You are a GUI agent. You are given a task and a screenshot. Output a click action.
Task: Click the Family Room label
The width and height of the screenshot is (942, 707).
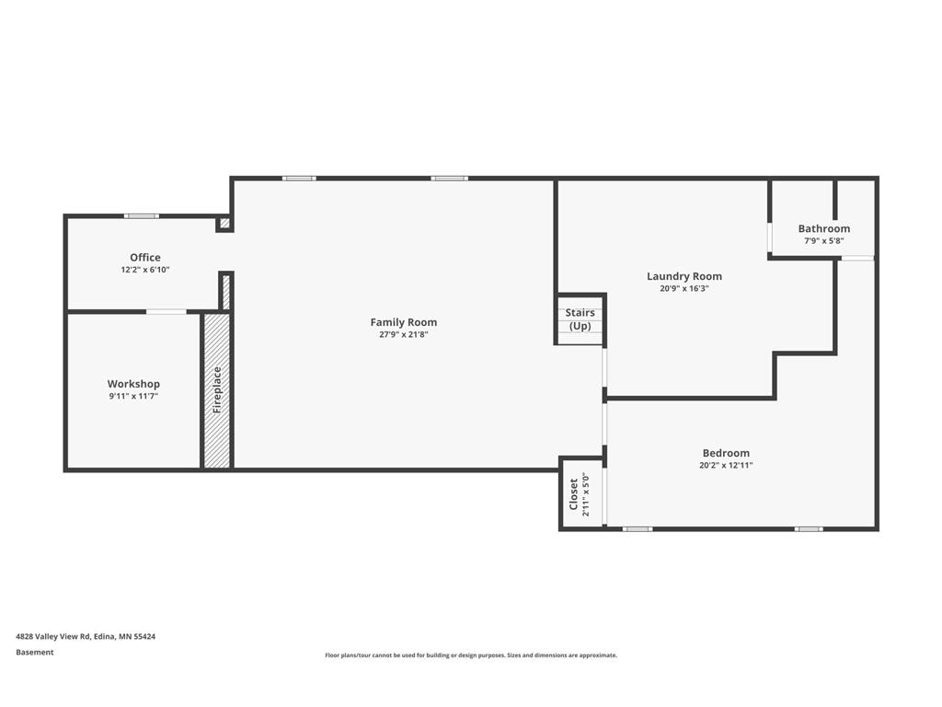click(403, 322)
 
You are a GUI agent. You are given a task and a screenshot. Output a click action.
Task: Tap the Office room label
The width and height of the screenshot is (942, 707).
click(145, 258)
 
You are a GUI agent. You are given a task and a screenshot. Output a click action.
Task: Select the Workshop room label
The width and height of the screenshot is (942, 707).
click(133, 384)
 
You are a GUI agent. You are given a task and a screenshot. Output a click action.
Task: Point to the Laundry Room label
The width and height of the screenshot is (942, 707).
click(684, 276)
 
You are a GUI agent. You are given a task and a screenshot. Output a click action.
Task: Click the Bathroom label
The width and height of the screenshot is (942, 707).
click(823, 228)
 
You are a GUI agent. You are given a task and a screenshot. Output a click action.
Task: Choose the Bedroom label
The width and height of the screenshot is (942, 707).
click(726, 453)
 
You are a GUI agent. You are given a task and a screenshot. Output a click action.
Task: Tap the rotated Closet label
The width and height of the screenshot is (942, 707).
click(574, 494)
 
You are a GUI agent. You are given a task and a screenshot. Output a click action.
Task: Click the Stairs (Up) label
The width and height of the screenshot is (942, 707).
click(580, 319)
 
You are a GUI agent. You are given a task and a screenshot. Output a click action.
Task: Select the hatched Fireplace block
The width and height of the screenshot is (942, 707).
click(217, 390)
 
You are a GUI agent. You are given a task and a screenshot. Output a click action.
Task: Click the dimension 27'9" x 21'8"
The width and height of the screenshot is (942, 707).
click(403, 335)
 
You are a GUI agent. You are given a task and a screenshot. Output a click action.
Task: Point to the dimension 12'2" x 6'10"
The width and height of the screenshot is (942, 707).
click(145, 270)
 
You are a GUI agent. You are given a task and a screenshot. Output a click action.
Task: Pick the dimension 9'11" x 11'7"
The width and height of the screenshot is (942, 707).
click(133, 396)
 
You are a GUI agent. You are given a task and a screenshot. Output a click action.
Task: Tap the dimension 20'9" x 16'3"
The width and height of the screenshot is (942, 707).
click(684, 288)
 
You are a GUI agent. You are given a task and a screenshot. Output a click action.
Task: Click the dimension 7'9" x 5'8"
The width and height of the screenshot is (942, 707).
click(823, 241)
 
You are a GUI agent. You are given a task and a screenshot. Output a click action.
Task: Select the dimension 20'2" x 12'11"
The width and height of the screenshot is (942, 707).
click(726, 466)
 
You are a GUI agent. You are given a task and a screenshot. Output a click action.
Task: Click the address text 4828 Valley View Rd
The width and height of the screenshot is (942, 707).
click(86, 636)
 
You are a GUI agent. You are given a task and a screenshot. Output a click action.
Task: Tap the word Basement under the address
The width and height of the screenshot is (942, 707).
click(35, 653)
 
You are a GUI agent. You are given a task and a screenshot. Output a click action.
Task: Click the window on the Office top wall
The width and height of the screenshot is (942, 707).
click(142, 216)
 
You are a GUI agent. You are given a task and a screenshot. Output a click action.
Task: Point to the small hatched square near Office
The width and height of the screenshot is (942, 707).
click(224, 223)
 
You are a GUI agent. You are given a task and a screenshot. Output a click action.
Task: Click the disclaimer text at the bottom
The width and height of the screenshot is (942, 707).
click(471, 655)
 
